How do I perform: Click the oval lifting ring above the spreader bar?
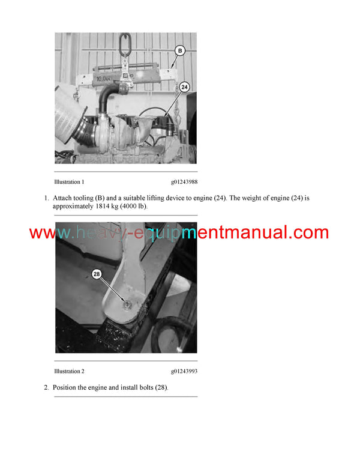point(127,43)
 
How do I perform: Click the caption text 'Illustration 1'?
point(69,181)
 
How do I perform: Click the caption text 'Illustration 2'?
point(69,371)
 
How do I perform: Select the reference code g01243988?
point(184,181)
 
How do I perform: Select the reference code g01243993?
point(184,371)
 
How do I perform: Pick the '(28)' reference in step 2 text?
point(160,387)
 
